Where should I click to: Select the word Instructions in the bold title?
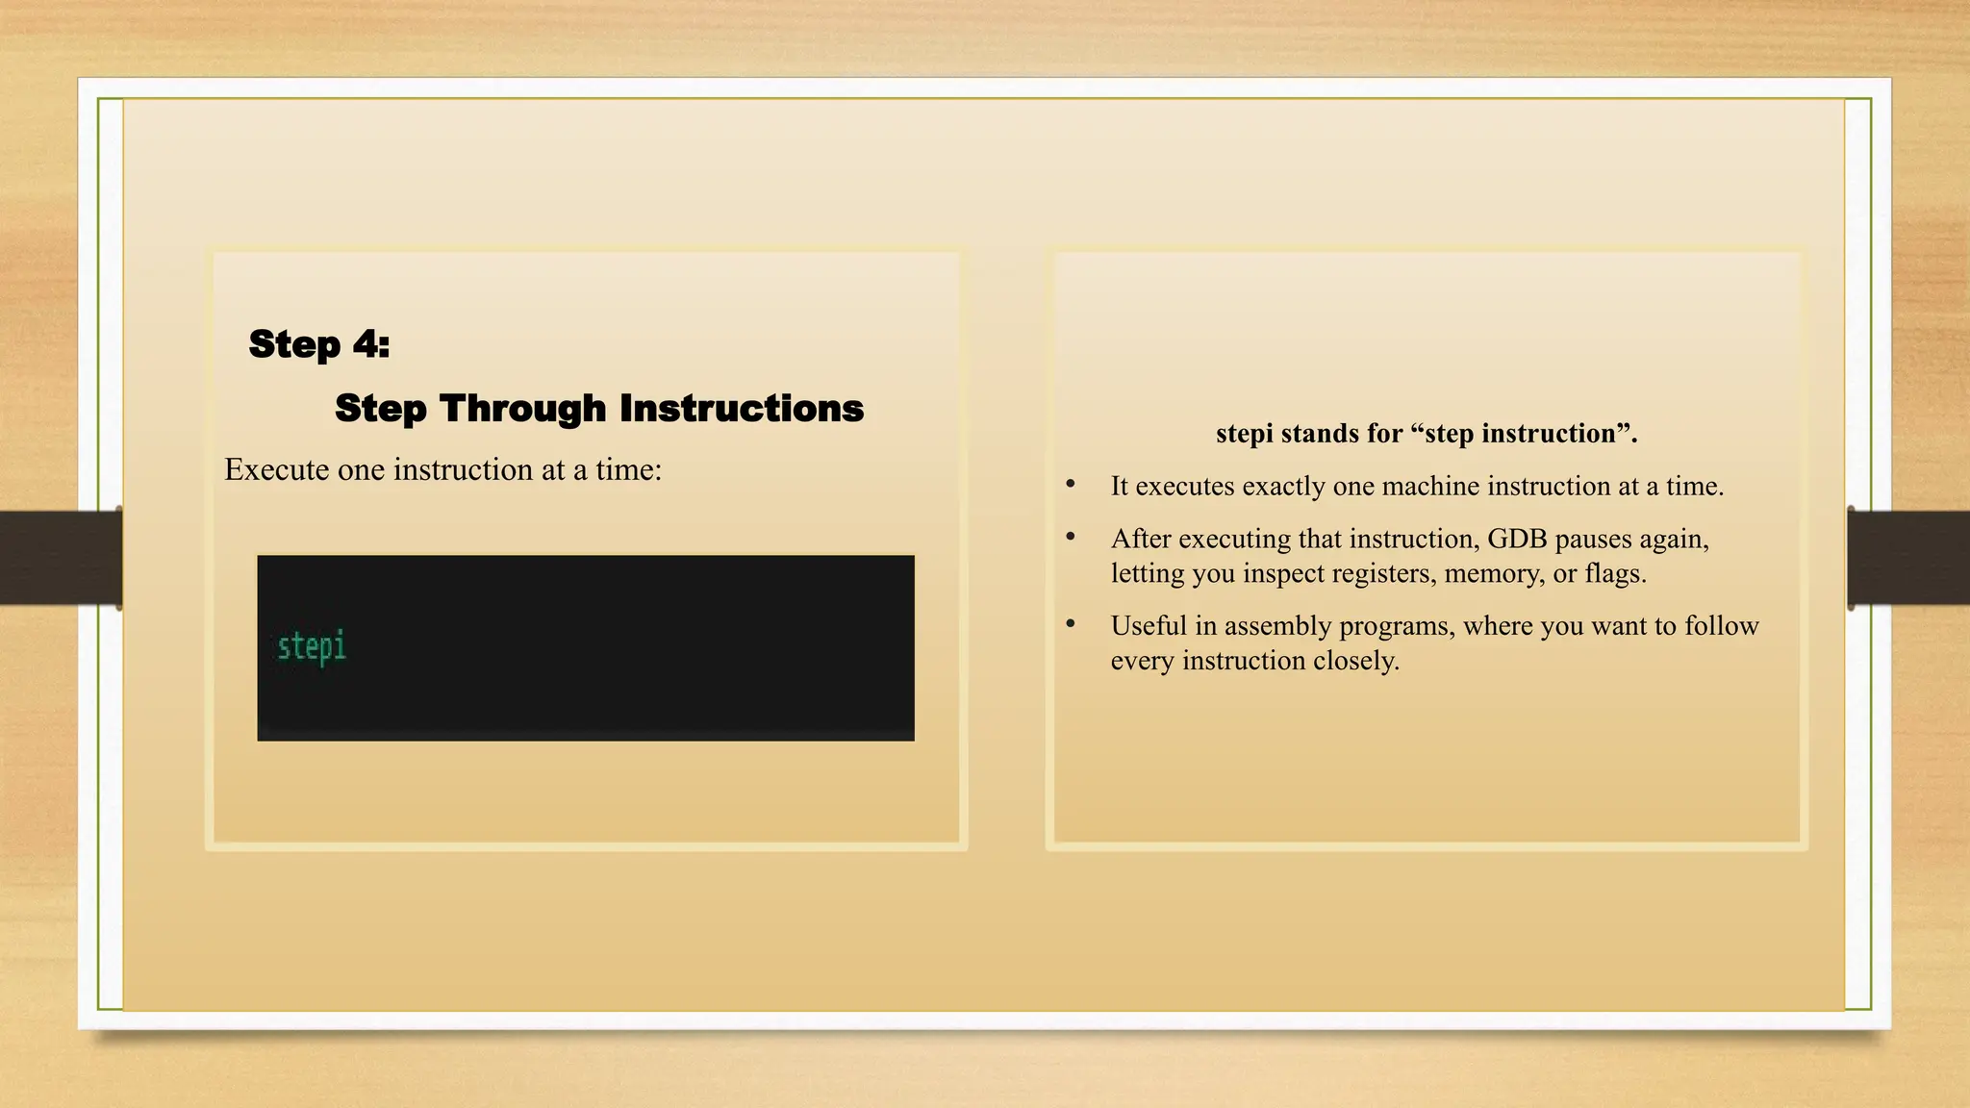(x=742, y=409)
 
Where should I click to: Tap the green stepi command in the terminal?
(x=312, y=646)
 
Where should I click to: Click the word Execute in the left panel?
(x=277, y=469)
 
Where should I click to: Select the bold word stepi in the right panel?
(x=1245, y=434)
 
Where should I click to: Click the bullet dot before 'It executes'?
(x=1071, y=484)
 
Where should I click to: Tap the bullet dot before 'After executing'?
(x=1071, y=537)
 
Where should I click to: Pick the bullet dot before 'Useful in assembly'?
(x=1071, y=624)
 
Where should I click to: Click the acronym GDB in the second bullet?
(x=1517, y=539)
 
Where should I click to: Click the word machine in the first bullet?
(x=1430, y=487)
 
